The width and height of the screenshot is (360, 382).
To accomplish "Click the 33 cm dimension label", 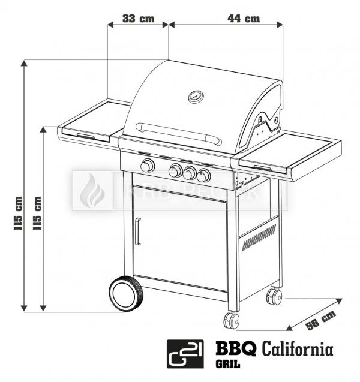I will click(137, 19).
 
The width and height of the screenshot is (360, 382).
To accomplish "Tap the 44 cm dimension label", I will click(244, 19).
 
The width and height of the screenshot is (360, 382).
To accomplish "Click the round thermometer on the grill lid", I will click(196, 96).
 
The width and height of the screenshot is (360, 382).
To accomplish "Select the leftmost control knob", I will click(147, 166).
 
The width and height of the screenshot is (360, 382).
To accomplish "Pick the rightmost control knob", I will click(204, 175).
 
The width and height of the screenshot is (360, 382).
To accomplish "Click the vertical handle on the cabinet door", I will click(137, 231).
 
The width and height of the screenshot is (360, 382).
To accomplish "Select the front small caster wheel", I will click(232, 320).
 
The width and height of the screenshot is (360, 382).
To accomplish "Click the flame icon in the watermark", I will click(93, 191).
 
